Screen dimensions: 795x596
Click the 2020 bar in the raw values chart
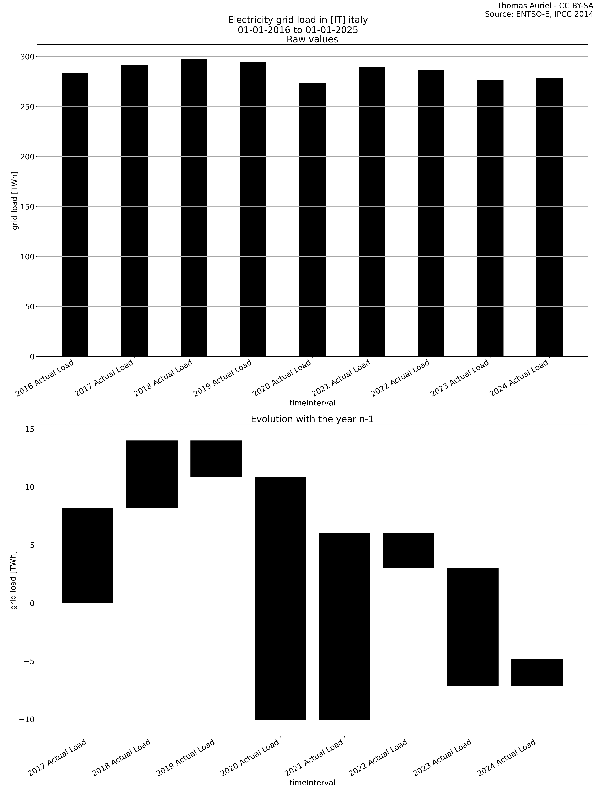click(312, 220)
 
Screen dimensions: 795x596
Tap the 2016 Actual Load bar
click(75, 215)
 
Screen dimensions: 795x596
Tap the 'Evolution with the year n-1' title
click(312, 419)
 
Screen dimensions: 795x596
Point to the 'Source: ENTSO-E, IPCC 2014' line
click(539, 14)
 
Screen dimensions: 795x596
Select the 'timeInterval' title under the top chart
click(312, 403)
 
